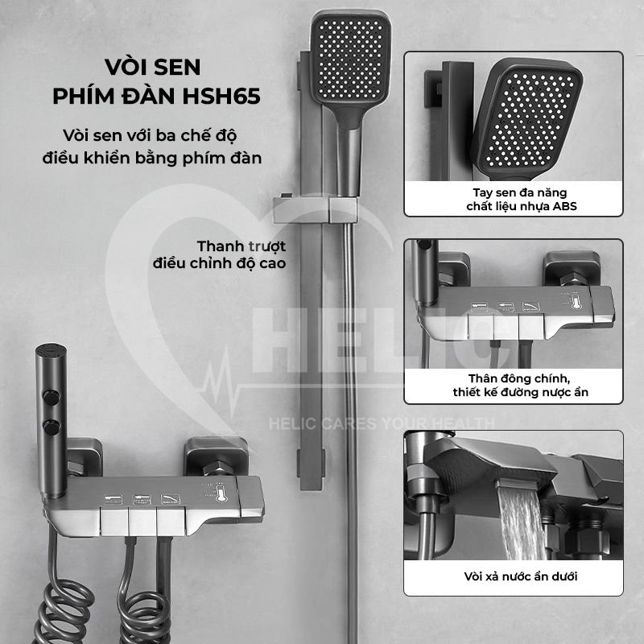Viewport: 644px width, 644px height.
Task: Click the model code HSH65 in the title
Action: [221, 96]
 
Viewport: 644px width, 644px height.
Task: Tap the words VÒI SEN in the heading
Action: [152, 67]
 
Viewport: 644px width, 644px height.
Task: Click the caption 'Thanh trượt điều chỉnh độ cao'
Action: [220, 254]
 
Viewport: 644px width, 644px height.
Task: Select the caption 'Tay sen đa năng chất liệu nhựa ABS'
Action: [521, 199]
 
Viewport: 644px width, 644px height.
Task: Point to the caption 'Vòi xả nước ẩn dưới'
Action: [520, 576]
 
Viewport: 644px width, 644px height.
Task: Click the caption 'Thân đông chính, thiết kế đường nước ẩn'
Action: [520, 386]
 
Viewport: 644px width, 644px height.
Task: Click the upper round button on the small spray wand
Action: [52, 398]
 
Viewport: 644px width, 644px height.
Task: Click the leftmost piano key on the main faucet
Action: [114, 521]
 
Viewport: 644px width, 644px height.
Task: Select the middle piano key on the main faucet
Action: [142, 521]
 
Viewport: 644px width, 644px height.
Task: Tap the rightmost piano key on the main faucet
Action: [171, 521]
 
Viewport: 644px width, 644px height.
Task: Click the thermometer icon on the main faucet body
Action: [221, 493]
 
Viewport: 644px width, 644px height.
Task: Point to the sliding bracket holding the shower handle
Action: [315, 209]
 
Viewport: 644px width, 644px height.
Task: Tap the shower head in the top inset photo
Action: [527, 119]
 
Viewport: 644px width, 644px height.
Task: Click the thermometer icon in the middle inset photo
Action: [575, 302]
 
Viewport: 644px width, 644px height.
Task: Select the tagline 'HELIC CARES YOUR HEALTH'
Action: [382, 423]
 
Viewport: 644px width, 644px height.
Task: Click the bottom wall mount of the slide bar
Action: [311, 464]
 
